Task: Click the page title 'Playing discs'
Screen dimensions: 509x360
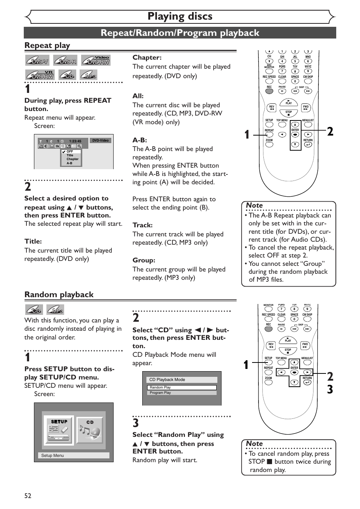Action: [180, 16]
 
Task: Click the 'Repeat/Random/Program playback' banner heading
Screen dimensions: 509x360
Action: [180, 33]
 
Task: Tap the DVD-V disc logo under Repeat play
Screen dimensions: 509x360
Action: [37, 60]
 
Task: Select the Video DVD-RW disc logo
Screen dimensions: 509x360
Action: [96, 60]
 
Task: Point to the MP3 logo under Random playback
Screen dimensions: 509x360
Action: [55, 310]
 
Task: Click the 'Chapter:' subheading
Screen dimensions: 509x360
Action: [147, 57]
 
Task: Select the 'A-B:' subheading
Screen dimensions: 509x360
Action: [140, 140]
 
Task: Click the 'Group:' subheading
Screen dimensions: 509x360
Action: [144, 260]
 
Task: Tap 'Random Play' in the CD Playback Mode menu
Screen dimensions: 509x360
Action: [182, 387]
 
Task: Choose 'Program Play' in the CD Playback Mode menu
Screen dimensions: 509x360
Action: [182, 393]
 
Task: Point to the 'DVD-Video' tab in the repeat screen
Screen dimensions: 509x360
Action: [101, 140]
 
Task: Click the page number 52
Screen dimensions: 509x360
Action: [28, 496]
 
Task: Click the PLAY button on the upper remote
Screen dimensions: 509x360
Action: [289, 102]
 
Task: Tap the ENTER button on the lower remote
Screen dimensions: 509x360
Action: [294, 372]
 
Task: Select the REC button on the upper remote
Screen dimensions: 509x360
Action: [269, 91]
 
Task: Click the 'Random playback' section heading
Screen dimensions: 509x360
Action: [59, 295]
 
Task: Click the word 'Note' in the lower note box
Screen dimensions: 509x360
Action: [254, 444]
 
